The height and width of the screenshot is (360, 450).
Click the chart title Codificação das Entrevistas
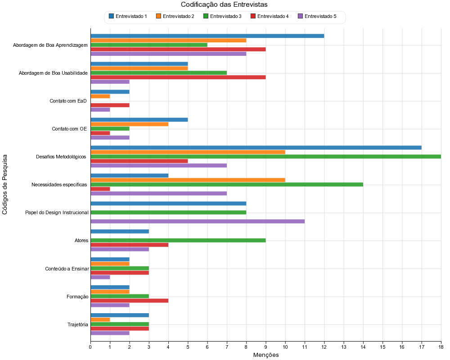(x=224, y=5)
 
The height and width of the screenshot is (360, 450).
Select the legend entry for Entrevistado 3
(x=225, y=17)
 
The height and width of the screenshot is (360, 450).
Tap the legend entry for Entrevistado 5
(x=320, y=17)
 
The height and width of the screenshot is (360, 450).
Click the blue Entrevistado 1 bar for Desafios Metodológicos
(x=256, y=148)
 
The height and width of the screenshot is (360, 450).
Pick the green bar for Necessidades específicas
(x=227, y=184)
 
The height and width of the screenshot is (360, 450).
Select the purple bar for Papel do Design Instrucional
(x=198, y=221)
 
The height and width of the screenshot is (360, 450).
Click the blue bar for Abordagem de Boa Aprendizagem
(x=207, y=36)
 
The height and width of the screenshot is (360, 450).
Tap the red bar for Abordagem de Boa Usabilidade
(x=178, y=77)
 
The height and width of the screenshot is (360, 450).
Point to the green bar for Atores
(x=178, y=240)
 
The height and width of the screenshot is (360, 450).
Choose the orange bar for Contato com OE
(x=129, y=124)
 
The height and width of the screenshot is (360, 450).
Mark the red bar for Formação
(x=129, y=301)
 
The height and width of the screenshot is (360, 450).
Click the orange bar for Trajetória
(x=100, y=319)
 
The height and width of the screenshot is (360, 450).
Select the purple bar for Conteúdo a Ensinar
(x=100, y=277)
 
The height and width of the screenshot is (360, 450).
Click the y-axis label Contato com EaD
(x=68, y=101)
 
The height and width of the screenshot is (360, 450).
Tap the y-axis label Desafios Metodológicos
(x=61, y=157)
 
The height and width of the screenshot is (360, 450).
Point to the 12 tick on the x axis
(x=324, y=346)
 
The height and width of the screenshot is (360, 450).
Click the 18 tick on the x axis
(x=441, y=346)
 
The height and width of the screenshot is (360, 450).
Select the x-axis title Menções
(x=266, y=355)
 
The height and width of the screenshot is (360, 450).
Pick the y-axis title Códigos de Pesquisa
(x=5, y=184)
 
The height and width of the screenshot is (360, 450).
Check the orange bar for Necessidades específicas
(x=188, y=180)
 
